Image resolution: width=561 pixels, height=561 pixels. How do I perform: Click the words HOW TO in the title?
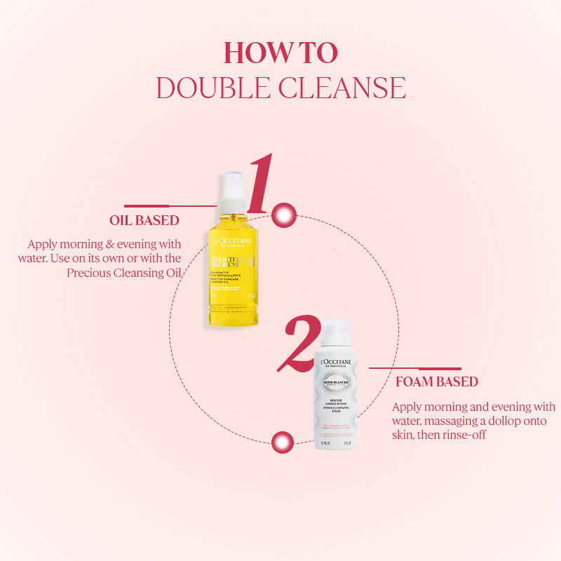[x=280, y=53]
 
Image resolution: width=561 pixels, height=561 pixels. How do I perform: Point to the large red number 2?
[x=297, y=346]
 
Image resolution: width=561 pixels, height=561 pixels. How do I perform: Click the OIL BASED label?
[x=144, y=220]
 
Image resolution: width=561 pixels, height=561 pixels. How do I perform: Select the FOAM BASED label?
[x=435, y=382]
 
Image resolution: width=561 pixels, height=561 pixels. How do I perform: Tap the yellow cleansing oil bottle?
[x=230, y=277]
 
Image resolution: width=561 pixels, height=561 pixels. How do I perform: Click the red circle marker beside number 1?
[x=284, y=215]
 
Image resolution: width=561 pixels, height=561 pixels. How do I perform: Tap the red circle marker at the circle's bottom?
[x=282, y=442]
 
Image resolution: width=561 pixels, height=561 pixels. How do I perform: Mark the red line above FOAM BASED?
[x=415, y=367]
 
